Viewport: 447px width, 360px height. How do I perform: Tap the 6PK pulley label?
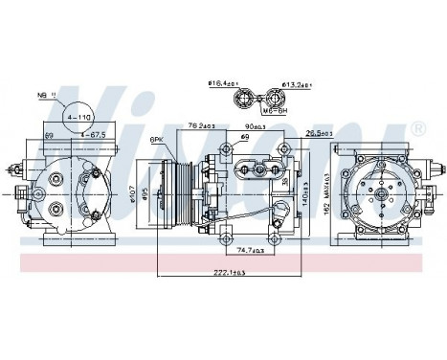coord(156,140)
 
